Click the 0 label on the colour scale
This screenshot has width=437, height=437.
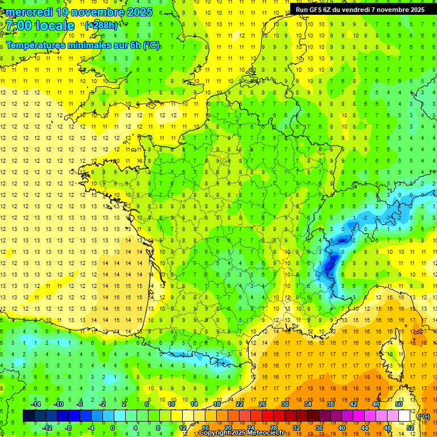point(113,428)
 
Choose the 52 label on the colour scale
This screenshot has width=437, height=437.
point(410,428)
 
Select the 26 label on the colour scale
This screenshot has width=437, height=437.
point(262,404)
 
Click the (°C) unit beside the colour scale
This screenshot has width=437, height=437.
point(424,417)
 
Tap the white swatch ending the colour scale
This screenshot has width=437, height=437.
point(404,416)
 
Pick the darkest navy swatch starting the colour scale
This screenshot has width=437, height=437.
point(28,416)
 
